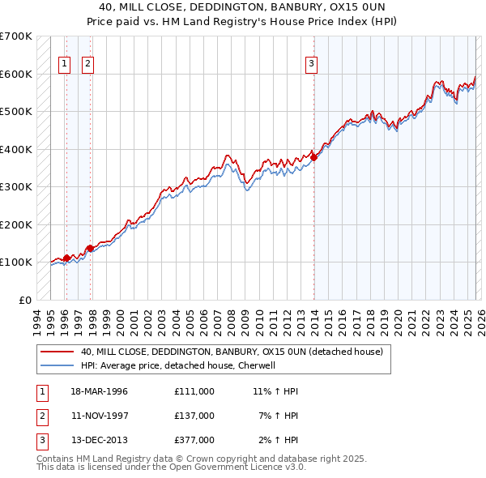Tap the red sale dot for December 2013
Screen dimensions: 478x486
pyautogui.click(x=313, y=157)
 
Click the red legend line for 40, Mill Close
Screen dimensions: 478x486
pyautogui.click(x=57, y=352)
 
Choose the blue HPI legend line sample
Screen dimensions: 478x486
pyautogui.click(x=57, y=365)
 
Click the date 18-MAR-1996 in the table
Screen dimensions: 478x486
pyautogui.click(x=99, y=391)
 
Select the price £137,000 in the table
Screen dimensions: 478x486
pyautogui.click(x=194, y=416)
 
